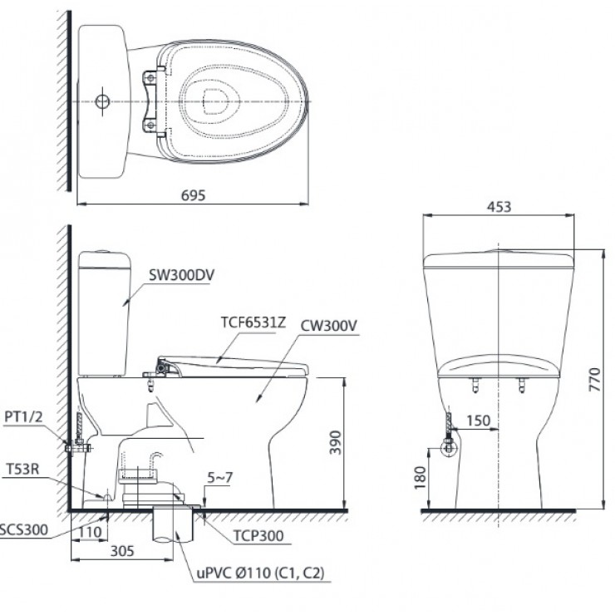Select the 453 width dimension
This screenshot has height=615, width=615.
(x=499, y=207)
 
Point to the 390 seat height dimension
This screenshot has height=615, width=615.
(x=332, y=444)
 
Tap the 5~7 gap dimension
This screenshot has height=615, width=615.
(x=215, y=479)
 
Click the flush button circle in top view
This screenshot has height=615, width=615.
(x=102, y=101)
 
